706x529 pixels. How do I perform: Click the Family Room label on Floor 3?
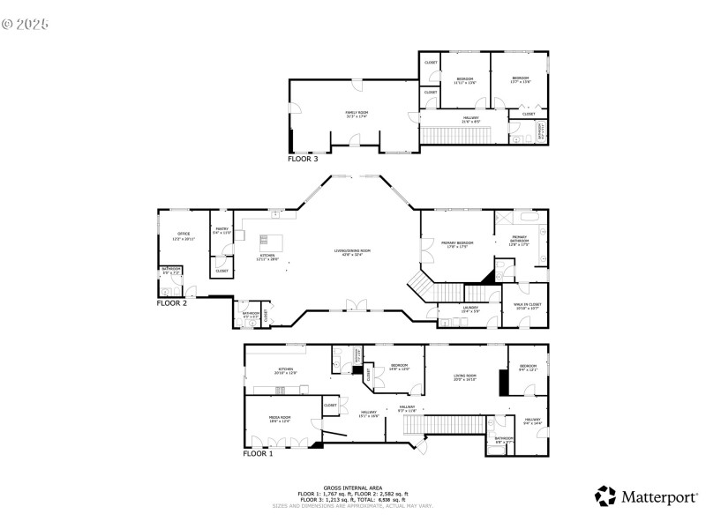pyautogui.click(x=357, y=113)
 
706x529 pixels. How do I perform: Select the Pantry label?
pyautogui.click(x=222, y=231)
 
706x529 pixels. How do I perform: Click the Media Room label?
pyautogui.click(x=280, y=419)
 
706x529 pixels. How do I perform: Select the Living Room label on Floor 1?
pyautogui.click(x=465, y=378)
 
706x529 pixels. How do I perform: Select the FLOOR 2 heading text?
pyautogui.click(x=173, y=302)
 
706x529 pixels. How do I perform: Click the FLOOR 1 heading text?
pyautogui.click(x=259, y=454)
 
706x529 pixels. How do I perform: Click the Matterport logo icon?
pyautogui.click(x=605, y=495)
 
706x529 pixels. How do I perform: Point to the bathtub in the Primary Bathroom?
pyautogui.click(x=530, y=216)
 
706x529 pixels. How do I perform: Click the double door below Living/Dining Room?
pyautogui.click(x=356, y=305)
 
